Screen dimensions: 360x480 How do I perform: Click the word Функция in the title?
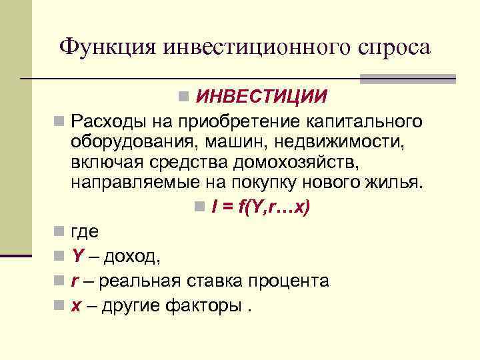[107, 47]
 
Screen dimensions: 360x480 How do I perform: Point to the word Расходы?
[107, 121]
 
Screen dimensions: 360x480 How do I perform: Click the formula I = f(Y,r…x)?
[260, 208]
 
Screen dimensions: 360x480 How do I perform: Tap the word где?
[85, 232]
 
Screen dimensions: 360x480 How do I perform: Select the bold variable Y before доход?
[77, 256]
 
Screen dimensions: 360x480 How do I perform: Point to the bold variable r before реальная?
[75, 281]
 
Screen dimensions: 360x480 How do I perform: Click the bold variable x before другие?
[76, 305]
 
